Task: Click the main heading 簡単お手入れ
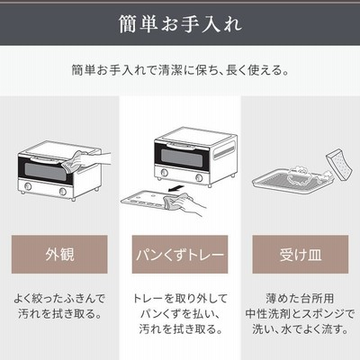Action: click(180, 23)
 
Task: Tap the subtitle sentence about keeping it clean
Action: click(180, 70)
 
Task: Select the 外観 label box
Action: click(59, 255)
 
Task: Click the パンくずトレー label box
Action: click(180, 255)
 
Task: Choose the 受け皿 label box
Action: click(301, 255)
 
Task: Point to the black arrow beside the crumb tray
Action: click(175, 188)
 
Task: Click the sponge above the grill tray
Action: click(339, 166)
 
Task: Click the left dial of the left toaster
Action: click(28, 186)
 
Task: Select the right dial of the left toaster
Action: click(63, 192)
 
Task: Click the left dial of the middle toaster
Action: click(164, 172)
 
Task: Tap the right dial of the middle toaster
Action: click(199, 177)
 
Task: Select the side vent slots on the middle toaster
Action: click(224, 151)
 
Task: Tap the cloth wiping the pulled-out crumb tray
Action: click(172, 202)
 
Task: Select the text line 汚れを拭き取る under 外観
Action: click(59, 314)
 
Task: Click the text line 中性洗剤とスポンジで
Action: click(300, 314)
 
